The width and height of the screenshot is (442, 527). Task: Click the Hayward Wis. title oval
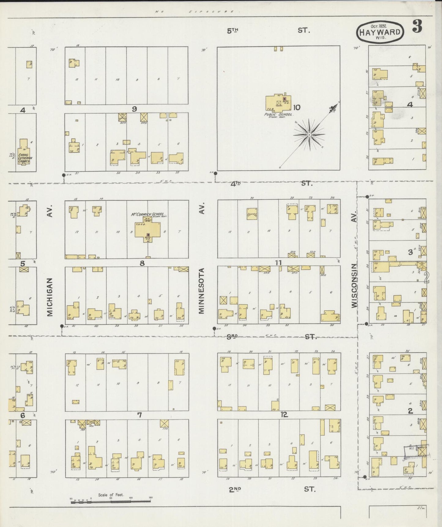(x=380, y=32)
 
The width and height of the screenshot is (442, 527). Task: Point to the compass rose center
(x=309, y=135)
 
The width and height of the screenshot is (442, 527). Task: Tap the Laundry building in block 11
(x=251, y=214)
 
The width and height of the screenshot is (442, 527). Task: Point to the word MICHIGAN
(x=50, y=297)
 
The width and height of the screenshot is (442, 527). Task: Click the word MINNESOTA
(x=201, y=291)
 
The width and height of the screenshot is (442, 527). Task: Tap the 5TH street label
(x=232, y=30)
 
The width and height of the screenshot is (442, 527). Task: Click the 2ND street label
(x=235, y=489)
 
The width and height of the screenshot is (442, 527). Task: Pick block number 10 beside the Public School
(x=296, y=107)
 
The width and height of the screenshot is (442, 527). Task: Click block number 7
(x=139, y=415)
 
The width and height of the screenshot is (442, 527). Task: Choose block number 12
(x=284, y=415)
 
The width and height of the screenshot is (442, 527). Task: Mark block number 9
(x=134, y=109)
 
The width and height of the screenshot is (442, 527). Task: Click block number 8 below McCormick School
(x=142, y=263)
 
